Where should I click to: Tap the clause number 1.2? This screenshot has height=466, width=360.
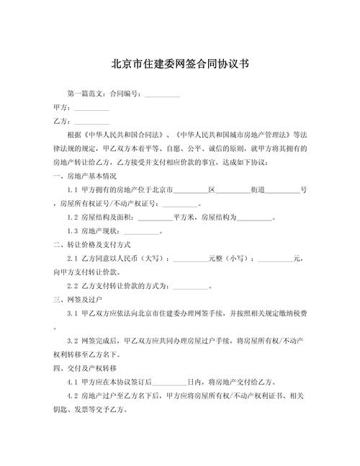[72, 218]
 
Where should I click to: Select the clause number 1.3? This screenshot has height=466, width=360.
[72, 231]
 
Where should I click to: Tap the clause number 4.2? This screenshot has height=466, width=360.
[72, 395]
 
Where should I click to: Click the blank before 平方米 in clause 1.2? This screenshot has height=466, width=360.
[155, 218]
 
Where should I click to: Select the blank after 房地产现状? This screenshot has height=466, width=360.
[142, 231]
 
